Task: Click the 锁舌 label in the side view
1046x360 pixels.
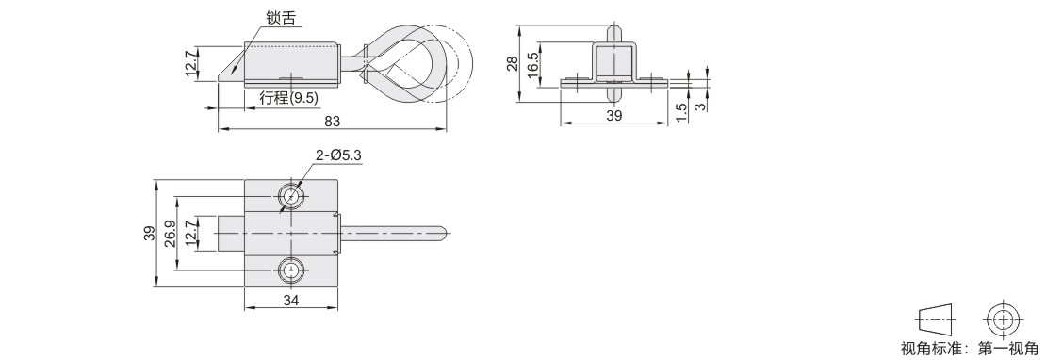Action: pyautogui.click(x=281, y=18)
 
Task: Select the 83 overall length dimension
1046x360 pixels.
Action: pyautogui.click(x=333, y=122)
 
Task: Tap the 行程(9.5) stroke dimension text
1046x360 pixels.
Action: pyautogui.click(x=289, y=98)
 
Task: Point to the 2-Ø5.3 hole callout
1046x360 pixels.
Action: pyautogui.click(x=339, y=155)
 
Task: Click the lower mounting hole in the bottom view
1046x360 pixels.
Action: pyautogui.click(x=291, y=270)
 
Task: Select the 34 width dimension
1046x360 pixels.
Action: pyautogui.click(x=291, y=301)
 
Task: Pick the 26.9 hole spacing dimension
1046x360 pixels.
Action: pyautogui.click(x=170, y=234)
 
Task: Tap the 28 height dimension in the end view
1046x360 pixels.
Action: pyautogui.click(x=512, y=63)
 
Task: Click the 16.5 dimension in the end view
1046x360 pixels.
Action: pyautogui.click(x=532, y=65)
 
